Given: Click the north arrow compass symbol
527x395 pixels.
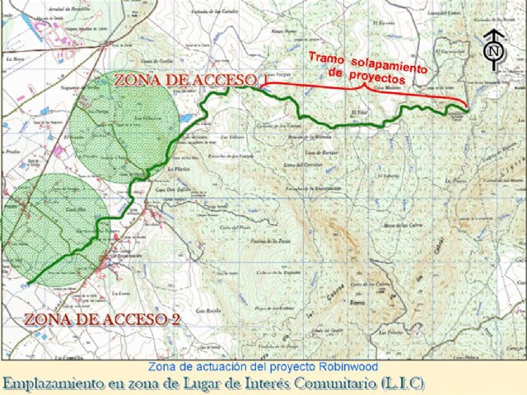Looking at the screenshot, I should (x=494, y=48).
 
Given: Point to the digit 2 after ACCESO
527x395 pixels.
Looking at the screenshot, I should (x=175, y=319).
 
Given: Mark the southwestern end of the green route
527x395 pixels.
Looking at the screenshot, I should (x=30, y=284).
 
